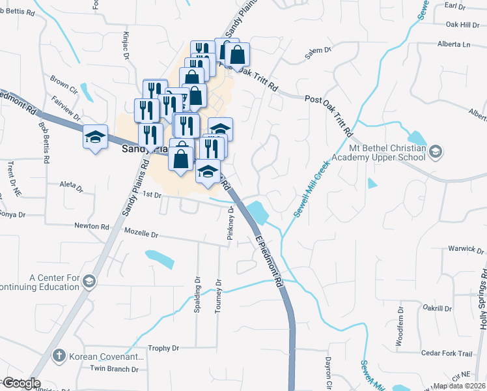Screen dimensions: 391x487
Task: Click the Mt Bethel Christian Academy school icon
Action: [435, 152]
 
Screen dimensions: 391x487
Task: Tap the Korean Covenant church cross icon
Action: [59, 356]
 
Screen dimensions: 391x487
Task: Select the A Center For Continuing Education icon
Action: [89, 281]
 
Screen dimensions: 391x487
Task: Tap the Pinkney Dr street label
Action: [230, 224]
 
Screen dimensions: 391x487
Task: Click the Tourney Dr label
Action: [219, 296]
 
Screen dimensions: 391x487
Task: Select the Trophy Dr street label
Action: [163, 349]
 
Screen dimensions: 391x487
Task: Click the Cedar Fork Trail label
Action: [447, 353]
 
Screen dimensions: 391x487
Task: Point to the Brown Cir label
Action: [64, 84]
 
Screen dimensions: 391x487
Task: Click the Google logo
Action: [21, 383]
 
